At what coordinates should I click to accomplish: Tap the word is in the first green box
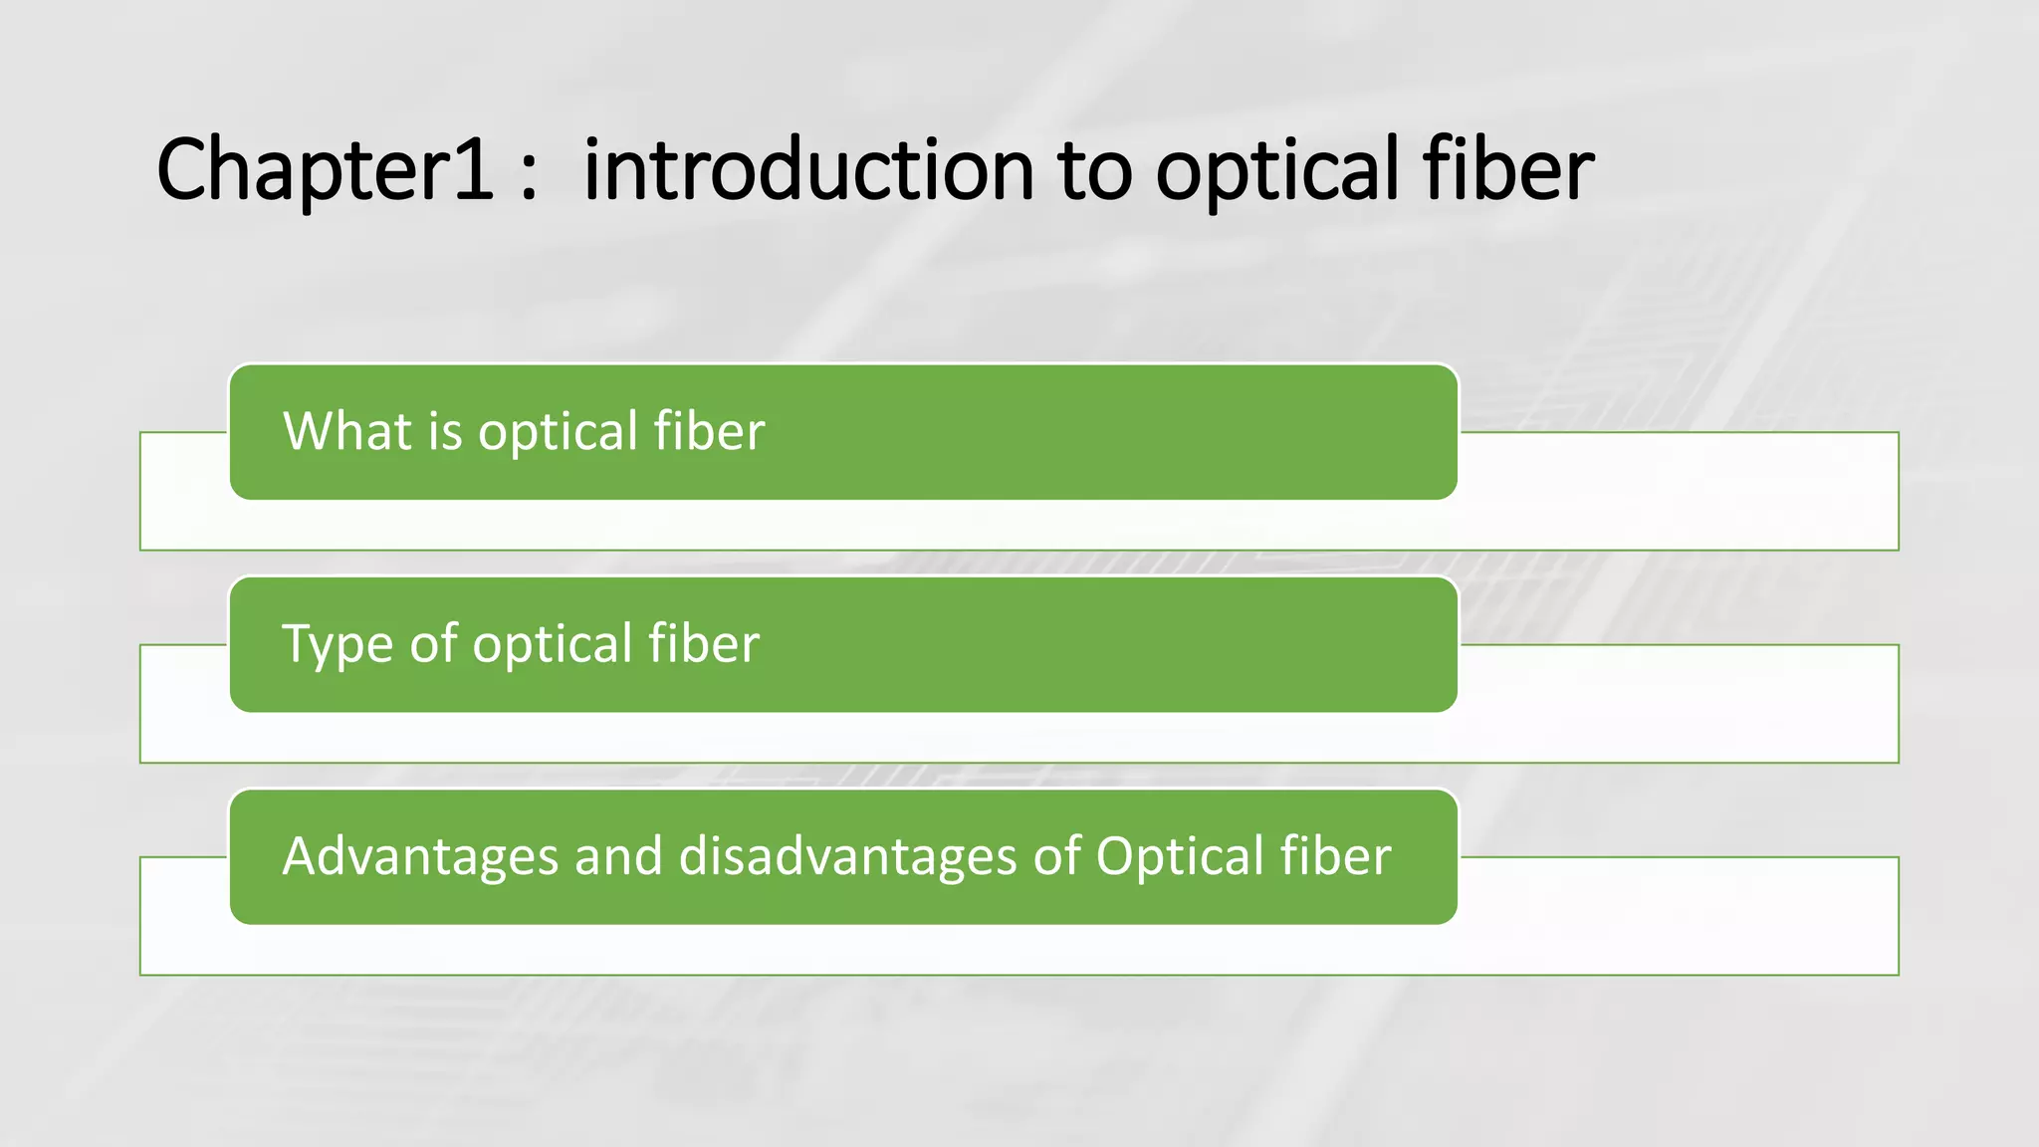coord(445,432)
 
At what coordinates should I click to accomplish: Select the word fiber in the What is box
coord(709,431)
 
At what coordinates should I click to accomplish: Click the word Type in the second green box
coord(339,645)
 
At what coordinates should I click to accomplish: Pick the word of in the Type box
coord(434,643)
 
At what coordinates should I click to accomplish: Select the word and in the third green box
coord(618,856)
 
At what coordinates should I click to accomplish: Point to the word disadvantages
coord(846,856)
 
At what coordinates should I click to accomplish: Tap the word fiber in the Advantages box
coord(1335,856)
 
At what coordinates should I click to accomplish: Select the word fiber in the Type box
coord(704,643)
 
